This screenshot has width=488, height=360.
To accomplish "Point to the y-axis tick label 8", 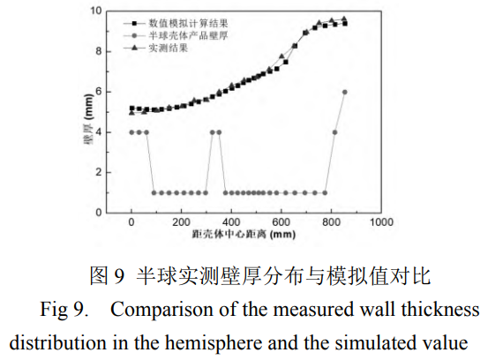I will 101,50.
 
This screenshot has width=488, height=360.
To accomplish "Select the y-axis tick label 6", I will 101,91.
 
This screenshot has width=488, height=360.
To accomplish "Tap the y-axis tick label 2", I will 101,172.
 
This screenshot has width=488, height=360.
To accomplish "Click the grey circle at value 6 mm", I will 344,92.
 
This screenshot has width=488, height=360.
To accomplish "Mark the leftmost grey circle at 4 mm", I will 131,132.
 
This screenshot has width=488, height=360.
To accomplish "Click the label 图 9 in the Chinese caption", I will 109,277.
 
